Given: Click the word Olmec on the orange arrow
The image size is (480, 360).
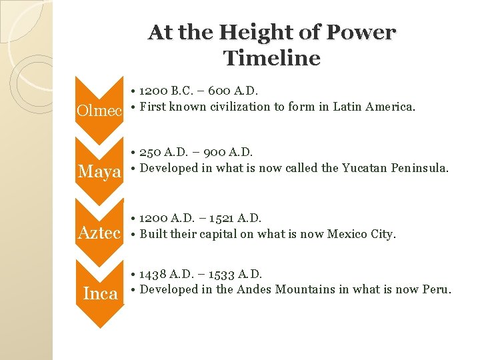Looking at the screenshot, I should (100, 111).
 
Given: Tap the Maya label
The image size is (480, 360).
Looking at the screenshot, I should (100, 172).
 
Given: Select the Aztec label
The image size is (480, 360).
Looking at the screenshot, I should (100, 233).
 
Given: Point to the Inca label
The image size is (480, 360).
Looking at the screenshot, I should (100, 293).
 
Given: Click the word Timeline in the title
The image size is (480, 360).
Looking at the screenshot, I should (272, 58).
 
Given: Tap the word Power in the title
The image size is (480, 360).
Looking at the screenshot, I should (365, 32).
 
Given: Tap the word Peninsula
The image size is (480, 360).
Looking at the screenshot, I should (423, 168).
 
